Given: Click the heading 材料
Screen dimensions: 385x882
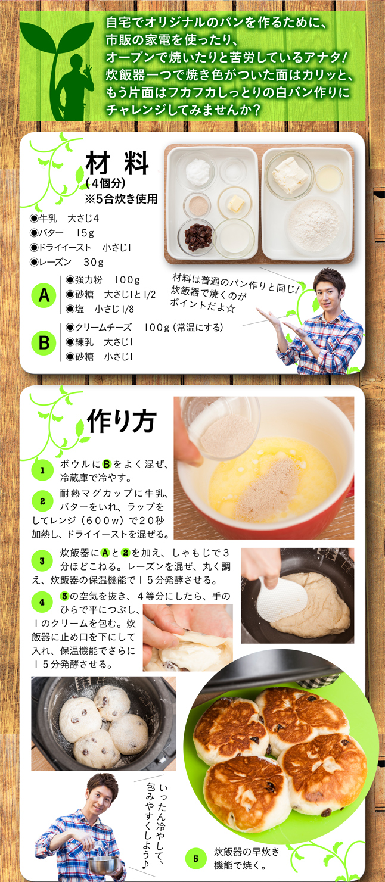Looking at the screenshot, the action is coord(117,163).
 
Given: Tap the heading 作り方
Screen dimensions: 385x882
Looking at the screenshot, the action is coord(122,421).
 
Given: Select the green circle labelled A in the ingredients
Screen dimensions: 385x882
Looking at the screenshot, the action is coord(44,295).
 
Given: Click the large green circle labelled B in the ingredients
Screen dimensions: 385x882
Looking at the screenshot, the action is coord(44,342).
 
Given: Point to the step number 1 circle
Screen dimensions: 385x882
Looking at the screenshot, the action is coord(42,470).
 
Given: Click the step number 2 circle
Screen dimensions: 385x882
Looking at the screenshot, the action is coord(42,501).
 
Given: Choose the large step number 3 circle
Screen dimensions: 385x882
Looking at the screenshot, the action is coord(42,560).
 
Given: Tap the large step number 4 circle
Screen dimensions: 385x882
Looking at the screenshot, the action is coord(42,602).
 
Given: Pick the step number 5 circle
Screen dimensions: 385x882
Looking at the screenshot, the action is coord(196,859).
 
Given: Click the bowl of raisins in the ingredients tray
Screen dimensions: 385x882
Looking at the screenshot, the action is coord(197,237).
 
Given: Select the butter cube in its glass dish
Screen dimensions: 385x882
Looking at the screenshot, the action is coord(234,203).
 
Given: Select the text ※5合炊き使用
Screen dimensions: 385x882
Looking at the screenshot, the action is coord(121,199).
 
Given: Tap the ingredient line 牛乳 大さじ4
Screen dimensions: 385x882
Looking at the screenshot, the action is coord(64,219).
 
